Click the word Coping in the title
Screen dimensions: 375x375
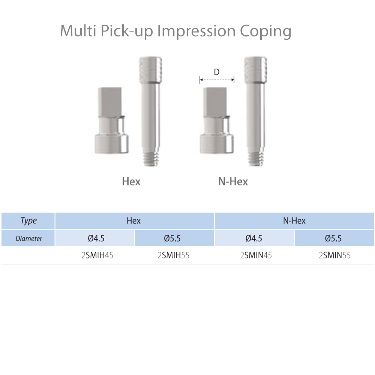click(265, 31)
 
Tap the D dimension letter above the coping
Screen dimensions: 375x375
click(216, 72)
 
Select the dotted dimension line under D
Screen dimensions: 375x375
click(217, 79)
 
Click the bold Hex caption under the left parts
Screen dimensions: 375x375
click(131, 181)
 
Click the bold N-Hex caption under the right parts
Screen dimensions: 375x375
click(233, 181)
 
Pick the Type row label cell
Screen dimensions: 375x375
click(28, 221)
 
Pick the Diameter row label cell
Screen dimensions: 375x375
click(28, 238)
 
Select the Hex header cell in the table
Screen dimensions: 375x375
click(134, 221)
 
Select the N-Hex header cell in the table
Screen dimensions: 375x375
click(294, 221)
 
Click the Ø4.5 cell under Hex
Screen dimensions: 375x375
click(96, 238)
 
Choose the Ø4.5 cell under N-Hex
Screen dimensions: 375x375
click(254, 238)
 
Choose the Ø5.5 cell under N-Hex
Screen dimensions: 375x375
click(333, 238)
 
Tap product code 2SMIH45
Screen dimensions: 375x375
click(97, 256)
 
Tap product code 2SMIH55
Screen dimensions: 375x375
click(173, 256)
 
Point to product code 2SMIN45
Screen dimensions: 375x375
click(256, 256)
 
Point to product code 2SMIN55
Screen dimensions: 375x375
click(334, 256)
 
